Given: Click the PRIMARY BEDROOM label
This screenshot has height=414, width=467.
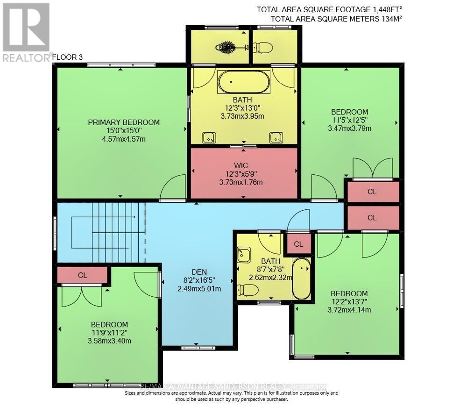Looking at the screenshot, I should pos(124,122).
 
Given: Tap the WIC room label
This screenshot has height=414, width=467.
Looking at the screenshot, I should pos(241,165).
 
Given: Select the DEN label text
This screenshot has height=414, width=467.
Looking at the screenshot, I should pos(199,272).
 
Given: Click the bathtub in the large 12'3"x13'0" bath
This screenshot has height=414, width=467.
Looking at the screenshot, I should pos(244,82).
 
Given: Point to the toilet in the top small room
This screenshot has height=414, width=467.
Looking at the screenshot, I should pos(262,47).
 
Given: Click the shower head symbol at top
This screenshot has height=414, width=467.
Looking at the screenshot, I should pos(227,47).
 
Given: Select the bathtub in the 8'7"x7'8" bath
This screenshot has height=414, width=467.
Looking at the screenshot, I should pos(302,279).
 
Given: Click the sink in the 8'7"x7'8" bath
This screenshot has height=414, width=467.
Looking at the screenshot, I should pos(244,254).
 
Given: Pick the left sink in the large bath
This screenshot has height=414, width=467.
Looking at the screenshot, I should pos(209,137).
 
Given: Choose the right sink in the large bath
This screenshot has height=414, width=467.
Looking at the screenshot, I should pos(276,137).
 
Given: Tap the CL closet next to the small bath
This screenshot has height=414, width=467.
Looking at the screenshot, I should pos(298,244).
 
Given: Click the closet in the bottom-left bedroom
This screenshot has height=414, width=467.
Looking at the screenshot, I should pos(83,275).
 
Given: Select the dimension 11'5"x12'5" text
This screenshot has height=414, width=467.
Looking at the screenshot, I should pos(349,120).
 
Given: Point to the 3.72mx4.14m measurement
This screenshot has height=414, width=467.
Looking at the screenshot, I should pos(349,310).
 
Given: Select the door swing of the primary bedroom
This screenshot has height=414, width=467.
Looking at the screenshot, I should pos(174,189).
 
